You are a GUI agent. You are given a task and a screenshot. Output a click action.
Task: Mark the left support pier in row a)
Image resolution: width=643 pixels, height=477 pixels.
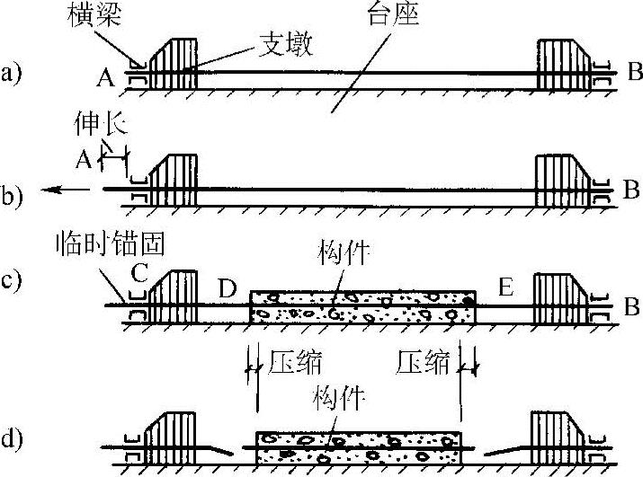[x=173, y=64]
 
